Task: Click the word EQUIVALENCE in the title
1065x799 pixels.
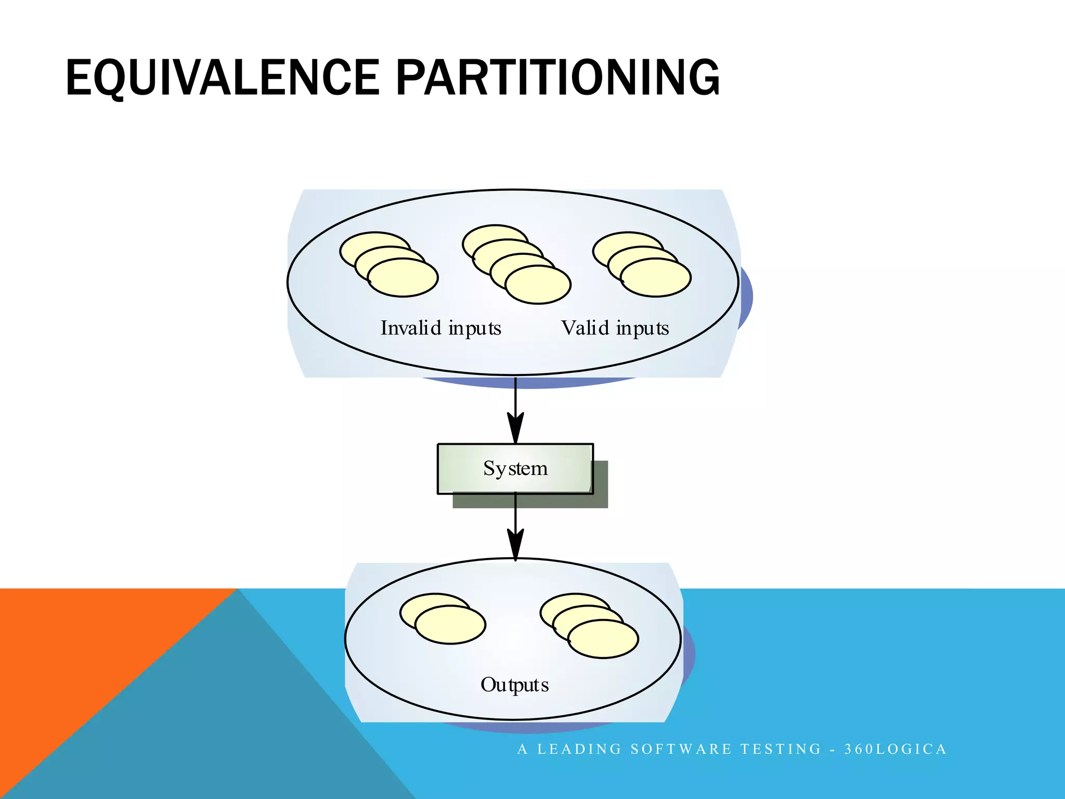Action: click(223, 78)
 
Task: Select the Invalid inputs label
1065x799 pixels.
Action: click(440, 328)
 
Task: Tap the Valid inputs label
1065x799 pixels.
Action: click(615, 328)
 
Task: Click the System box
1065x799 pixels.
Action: click(515, 468)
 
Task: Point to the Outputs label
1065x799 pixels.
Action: click(514, 685)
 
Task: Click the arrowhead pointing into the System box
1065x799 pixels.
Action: click(515, 429)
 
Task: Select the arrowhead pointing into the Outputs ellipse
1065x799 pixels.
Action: click(515, 545)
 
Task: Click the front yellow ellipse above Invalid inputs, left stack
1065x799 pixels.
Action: click(403, 278)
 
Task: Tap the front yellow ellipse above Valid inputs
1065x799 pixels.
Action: click(656, 278)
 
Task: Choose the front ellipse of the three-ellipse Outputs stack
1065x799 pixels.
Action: click(603, 639)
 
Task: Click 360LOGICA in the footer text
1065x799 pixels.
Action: click(895, 749)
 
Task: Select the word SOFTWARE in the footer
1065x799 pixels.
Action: click(681, 749)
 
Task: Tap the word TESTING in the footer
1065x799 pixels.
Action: click(781, 749)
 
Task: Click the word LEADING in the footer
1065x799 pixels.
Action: click(579, 749)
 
